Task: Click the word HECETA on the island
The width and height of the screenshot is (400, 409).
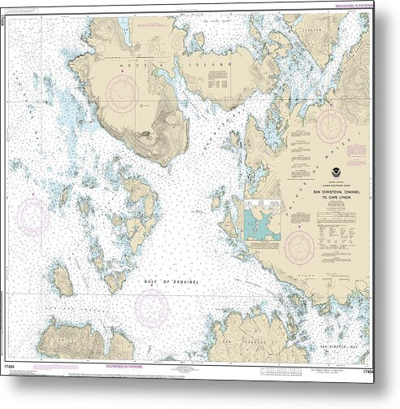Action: (x=133, y=61)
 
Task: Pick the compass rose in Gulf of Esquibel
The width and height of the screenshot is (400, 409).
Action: (x=151, y=306)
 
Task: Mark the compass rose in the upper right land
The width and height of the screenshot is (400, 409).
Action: (x=333, y=123)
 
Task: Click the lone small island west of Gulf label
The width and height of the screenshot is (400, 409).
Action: (x=63, y=281)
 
